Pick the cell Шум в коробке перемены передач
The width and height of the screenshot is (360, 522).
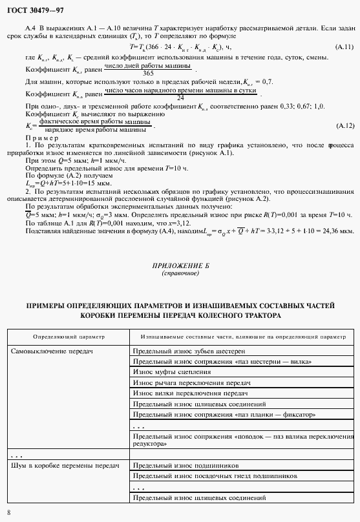click(65, 465)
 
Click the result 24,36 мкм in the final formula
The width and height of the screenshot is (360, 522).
click(339, 230)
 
